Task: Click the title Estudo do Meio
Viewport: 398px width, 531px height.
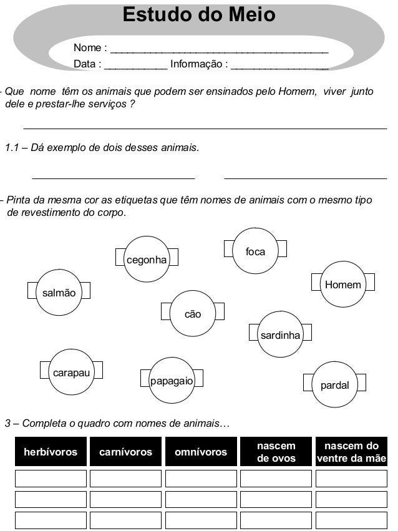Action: (x=198, y=14)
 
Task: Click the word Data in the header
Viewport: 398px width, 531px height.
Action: (x=86, y=64)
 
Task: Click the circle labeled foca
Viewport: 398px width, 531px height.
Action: (x=255, y=251)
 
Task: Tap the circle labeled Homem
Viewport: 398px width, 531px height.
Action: (x=342, y=285)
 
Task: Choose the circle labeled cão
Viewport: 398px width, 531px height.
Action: (x=193, y=313)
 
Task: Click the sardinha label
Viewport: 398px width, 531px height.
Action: (x=280, y=335)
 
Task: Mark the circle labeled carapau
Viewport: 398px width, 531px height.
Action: (x=70, y=373)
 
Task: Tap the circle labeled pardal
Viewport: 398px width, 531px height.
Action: (x=334, y=384)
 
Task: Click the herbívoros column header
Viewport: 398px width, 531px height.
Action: (x=51, y=452)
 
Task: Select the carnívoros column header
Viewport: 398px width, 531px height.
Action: (x=125, y=452)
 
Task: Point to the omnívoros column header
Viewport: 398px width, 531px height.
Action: (x=200, y=452)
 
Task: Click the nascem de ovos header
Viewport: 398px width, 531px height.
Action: (x=276, y=452)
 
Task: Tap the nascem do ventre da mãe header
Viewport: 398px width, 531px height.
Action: (x=351, y=452)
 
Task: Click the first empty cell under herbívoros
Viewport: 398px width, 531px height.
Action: (x=51, y=479)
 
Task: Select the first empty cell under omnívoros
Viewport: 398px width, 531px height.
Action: (x=200, y=479)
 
